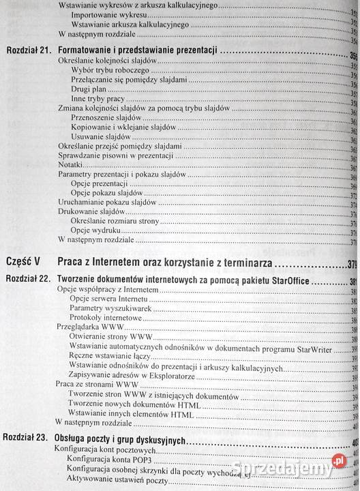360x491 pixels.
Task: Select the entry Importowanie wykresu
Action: coord(103,15)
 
